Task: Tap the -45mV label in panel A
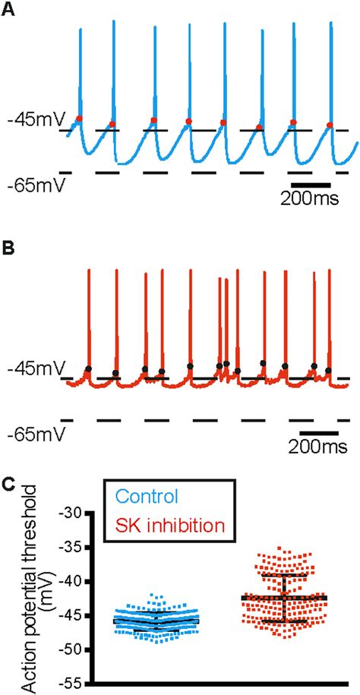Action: [x=34, y=119]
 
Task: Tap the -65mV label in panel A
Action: [x=34, y=185]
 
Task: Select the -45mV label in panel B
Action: [x=34, y=371]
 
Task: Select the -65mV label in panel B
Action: [x=34, y=436]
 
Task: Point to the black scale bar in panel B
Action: [x=318, y=433]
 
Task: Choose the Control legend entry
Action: [x=144, y=497]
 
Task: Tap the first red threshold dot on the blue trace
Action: [x=79, y=118]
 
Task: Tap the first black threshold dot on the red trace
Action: [x=88, y=369]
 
